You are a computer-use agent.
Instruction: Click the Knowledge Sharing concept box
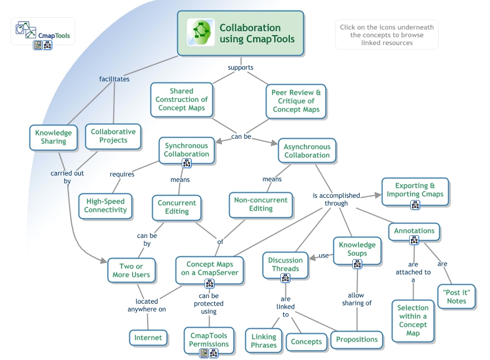54,137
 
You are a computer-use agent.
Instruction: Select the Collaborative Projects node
113,136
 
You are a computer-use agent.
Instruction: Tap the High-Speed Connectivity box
105,206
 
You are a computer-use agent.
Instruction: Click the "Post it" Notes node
457,297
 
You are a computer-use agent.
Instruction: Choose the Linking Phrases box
264,340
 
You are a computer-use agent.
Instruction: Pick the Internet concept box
148,337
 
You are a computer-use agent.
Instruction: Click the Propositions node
357,339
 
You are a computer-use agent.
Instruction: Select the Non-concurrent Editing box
261,204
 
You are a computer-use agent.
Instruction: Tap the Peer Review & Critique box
296,101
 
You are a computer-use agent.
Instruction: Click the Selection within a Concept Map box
413,320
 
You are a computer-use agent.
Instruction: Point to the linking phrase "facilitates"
114,79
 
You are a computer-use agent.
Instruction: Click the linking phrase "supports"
241,68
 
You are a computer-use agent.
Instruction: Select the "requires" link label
122,174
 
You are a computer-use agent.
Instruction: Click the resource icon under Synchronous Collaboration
187,163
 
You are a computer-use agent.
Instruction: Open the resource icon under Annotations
414,240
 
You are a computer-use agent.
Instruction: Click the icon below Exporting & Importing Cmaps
415,205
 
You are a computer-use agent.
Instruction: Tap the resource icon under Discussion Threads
285,278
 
